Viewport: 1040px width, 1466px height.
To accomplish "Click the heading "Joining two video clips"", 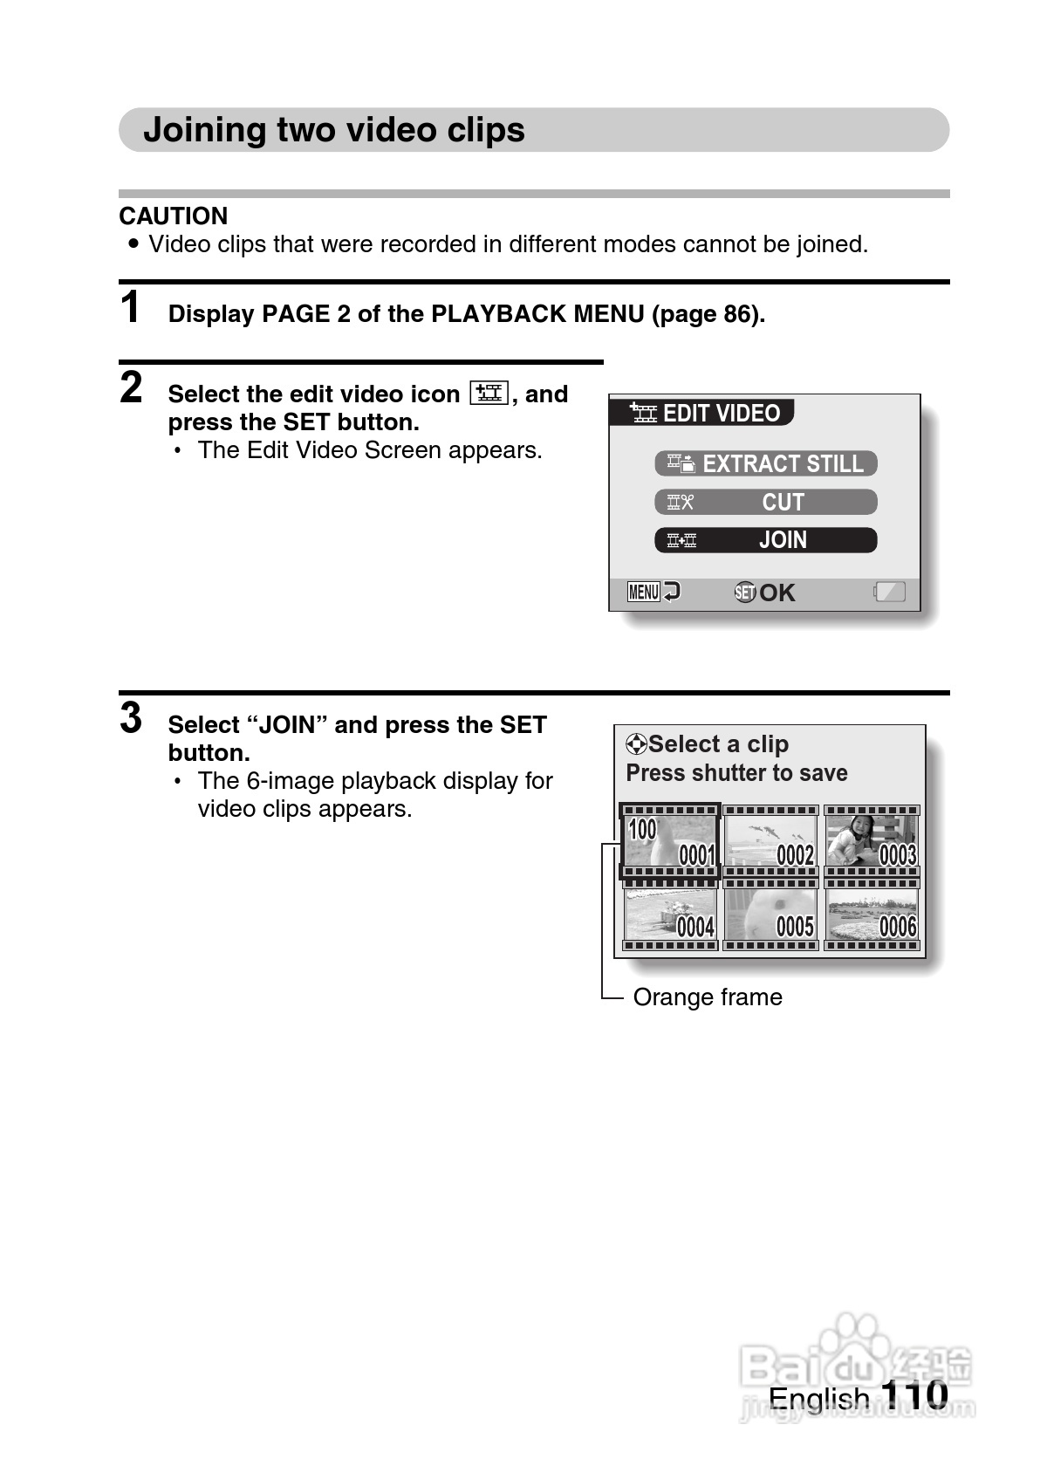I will [333, 130].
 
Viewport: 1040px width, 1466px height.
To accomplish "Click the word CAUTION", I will [173, 216].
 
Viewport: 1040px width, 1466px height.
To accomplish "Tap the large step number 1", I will [130, 308].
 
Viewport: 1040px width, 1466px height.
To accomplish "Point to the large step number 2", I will [131, 387].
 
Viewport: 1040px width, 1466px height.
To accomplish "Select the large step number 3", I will [131, 718].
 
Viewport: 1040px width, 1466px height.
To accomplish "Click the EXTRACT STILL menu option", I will [765, 463].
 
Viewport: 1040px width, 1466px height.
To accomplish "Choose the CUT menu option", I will [765, 502].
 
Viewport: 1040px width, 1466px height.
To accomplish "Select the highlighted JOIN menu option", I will [765, 540].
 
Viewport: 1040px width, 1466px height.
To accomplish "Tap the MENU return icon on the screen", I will [653, 593].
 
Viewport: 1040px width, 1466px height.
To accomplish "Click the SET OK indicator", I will [764, 593].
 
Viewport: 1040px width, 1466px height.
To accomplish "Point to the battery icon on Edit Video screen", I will [889, 593].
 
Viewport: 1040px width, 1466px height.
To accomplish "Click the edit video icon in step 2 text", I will [489, 394].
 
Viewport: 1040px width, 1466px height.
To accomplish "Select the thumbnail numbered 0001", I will [670, 840].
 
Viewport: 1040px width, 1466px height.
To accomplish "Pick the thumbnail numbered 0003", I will [872, 840].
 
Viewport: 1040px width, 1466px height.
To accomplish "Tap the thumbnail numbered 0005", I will [771, 915].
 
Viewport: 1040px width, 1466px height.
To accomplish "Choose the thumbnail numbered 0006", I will [872, 915].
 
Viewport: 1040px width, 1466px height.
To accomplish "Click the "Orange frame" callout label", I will [707, 997].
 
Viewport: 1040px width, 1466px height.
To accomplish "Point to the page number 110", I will [913, 1394].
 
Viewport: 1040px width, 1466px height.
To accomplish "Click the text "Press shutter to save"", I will [736, 773].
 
